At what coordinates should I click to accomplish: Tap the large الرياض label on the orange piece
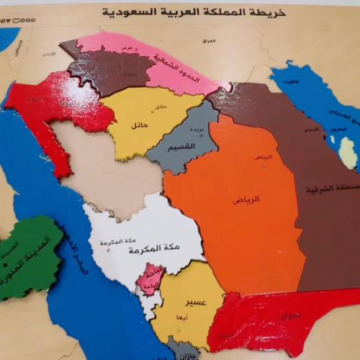tap(246, 199)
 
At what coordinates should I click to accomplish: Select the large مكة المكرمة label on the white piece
tap(134, 251)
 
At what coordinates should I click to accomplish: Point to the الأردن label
tap(48, 55)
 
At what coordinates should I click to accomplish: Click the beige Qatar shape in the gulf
tap(348, 151)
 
